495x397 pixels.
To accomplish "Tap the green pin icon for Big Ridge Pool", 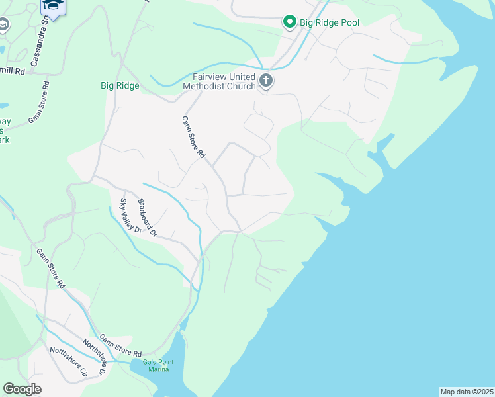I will (289, 22).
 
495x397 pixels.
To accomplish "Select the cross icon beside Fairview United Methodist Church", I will (266, 81).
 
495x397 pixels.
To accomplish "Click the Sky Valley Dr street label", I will (130, 216).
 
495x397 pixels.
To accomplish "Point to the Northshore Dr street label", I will (93, 357).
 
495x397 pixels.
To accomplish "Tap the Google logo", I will (22, 389).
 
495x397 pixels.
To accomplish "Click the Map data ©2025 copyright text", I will (467, 392).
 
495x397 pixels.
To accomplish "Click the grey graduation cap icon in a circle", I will (3, 25).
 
